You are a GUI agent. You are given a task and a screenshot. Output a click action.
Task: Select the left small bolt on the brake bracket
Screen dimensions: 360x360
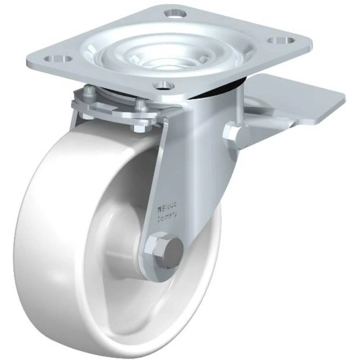[x=89, y=92]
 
